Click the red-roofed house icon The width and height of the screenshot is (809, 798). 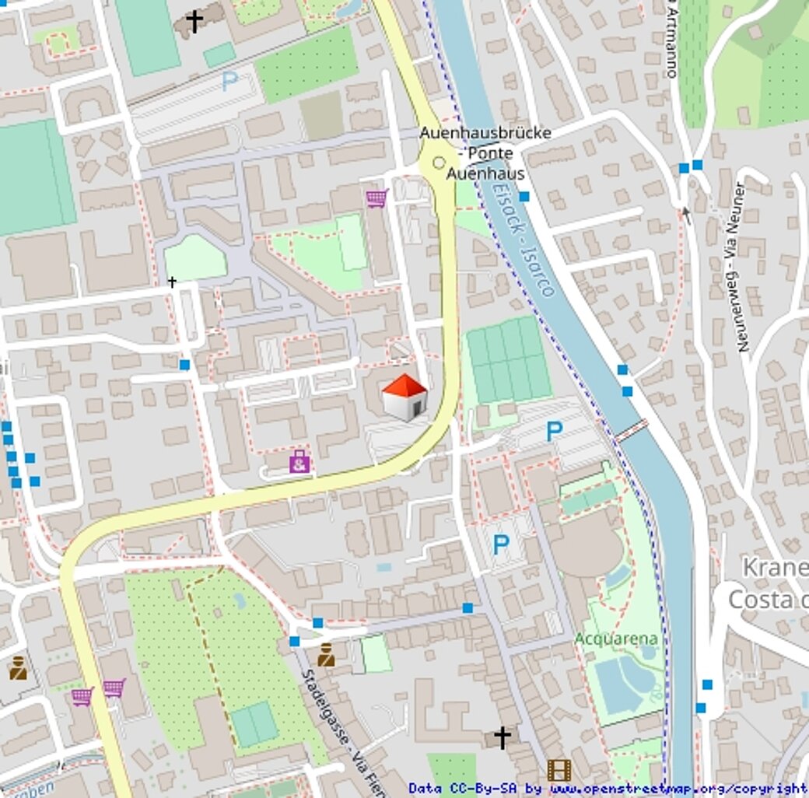coord(404,397)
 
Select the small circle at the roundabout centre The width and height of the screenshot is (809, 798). coord(439,163)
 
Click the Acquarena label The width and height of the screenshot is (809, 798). coord(616,639)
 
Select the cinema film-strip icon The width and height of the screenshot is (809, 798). coord(559,770)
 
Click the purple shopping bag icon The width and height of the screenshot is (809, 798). coord(299,462)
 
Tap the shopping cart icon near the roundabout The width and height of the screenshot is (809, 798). coord(376,198)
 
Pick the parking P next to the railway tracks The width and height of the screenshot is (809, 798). coord(229,82)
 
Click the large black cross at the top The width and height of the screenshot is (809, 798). coord(194,21)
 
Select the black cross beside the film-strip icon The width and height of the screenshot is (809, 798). coord(503,737)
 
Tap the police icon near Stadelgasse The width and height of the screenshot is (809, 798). coord(326,656)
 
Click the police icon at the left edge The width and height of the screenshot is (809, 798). coord(18,667)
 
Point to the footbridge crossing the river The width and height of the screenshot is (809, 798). coord(631,430)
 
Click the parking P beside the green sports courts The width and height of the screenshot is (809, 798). coord(554,431)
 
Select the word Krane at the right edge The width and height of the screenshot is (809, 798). coord(775,567)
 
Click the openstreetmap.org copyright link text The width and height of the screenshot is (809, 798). coord(678,789)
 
